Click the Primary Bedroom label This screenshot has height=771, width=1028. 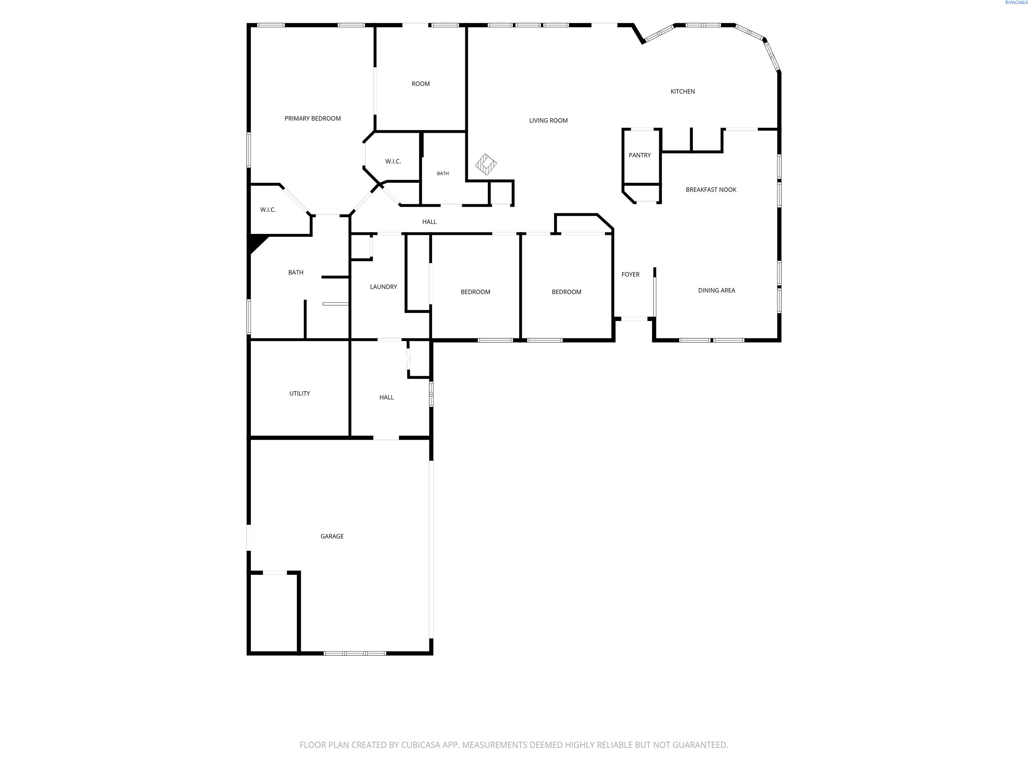pos(313,118)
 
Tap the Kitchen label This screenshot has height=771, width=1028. pos(683,92)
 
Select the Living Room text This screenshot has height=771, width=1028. pos(548,120)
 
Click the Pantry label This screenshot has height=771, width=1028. pos(640,155)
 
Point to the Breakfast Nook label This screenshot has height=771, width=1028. pos(711,190)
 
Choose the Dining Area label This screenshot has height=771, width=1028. pos(717,290)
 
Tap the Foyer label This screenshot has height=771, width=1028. pos(631,275)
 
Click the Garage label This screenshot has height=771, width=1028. pos(332,536)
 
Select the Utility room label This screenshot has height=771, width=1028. pos(300,394)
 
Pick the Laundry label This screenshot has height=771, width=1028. pos(383,287)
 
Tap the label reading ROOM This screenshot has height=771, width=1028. pos(421,84)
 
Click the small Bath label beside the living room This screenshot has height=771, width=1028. pos(443,173)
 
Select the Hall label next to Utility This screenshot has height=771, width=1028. pos(387,397)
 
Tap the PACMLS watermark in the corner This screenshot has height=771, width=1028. pos(1016,2)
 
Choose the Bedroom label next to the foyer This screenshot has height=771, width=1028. pos(567,292)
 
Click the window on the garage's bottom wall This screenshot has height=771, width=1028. pos(355,654)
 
